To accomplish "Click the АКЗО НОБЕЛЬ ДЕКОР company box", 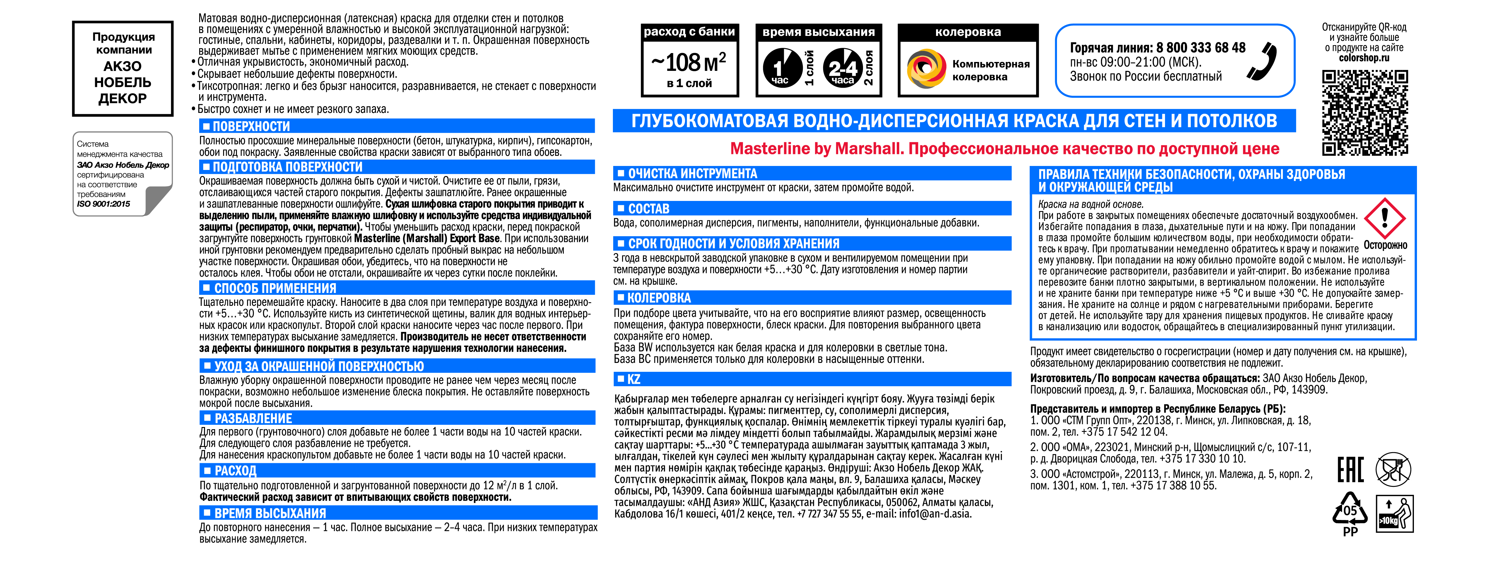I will click(x=122, y=68).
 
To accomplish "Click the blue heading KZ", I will click(x=634, y=379).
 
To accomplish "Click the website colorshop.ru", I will click(x=1364, y=58).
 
